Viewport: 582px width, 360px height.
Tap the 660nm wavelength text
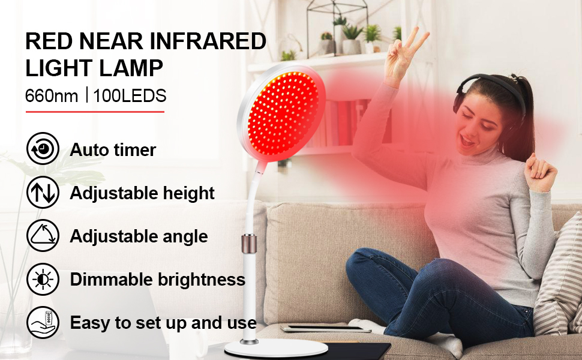click(x=52, y=96)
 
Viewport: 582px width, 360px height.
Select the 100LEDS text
click(x=130, y=96)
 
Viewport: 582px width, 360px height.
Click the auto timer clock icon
click(x=43, y=148)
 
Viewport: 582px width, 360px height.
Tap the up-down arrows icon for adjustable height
click(x=43, y=192)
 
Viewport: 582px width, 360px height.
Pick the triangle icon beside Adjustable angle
click(x=43, y=235)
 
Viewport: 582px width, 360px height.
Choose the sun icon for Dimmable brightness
click(x=43, y=279)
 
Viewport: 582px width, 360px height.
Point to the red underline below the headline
click(x=95, y=112)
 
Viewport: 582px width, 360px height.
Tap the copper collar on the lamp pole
click(x=248, y=244)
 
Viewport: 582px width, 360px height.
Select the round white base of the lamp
click(x=276, y=349)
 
